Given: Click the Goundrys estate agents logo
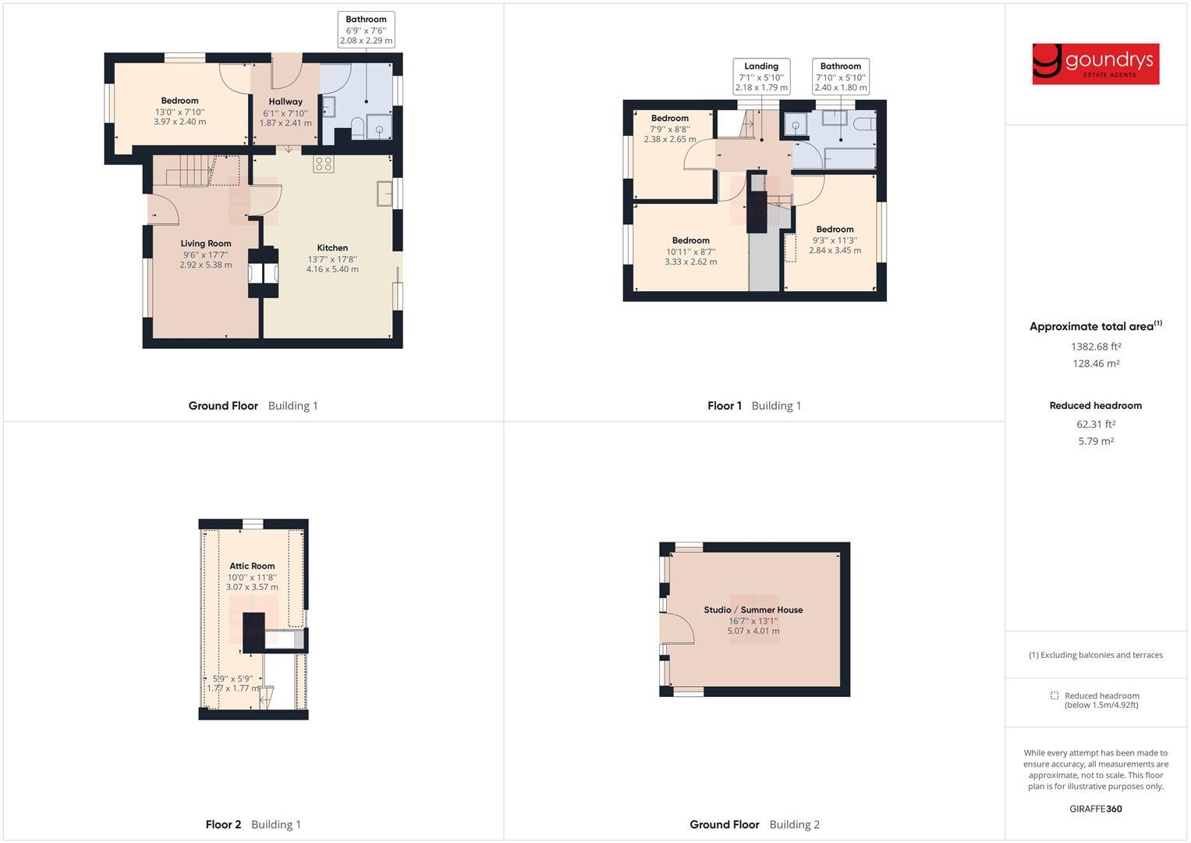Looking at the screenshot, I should click(x=1095, y=64).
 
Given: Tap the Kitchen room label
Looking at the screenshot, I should click(x=332, y=248).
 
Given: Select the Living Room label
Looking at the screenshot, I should click(x=206, y=244).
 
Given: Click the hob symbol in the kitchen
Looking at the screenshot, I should click(x=324, y=165).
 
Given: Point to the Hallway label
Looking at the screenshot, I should click(x=285, y=101).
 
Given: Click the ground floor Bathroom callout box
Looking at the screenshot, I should click(x=366, y=30).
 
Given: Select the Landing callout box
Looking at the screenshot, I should click(x=761, y=76).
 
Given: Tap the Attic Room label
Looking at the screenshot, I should click(x=252, y=566).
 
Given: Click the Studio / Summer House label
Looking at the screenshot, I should click(x=753, y=610).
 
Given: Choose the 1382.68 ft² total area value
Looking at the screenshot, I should click(x=1096, y=347).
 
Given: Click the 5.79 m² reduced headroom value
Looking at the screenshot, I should click(x=1096, y=441).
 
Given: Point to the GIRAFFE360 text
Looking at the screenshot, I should click(x=1096, y=809).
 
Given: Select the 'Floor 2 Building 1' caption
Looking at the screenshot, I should click(x=253, y=824).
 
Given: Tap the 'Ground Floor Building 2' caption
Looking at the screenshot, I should click(x=754, y=824).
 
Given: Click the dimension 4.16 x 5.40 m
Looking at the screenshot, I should click(x=332, y=269).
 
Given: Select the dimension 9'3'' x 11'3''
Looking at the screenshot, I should click(x=835, y=240).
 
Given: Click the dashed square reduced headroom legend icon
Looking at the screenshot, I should click(x=1055, y=695).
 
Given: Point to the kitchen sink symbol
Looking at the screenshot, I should click(x=384, y=193).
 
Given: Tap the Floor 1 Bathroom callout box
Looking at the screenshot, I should click(x=840, y=76).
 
